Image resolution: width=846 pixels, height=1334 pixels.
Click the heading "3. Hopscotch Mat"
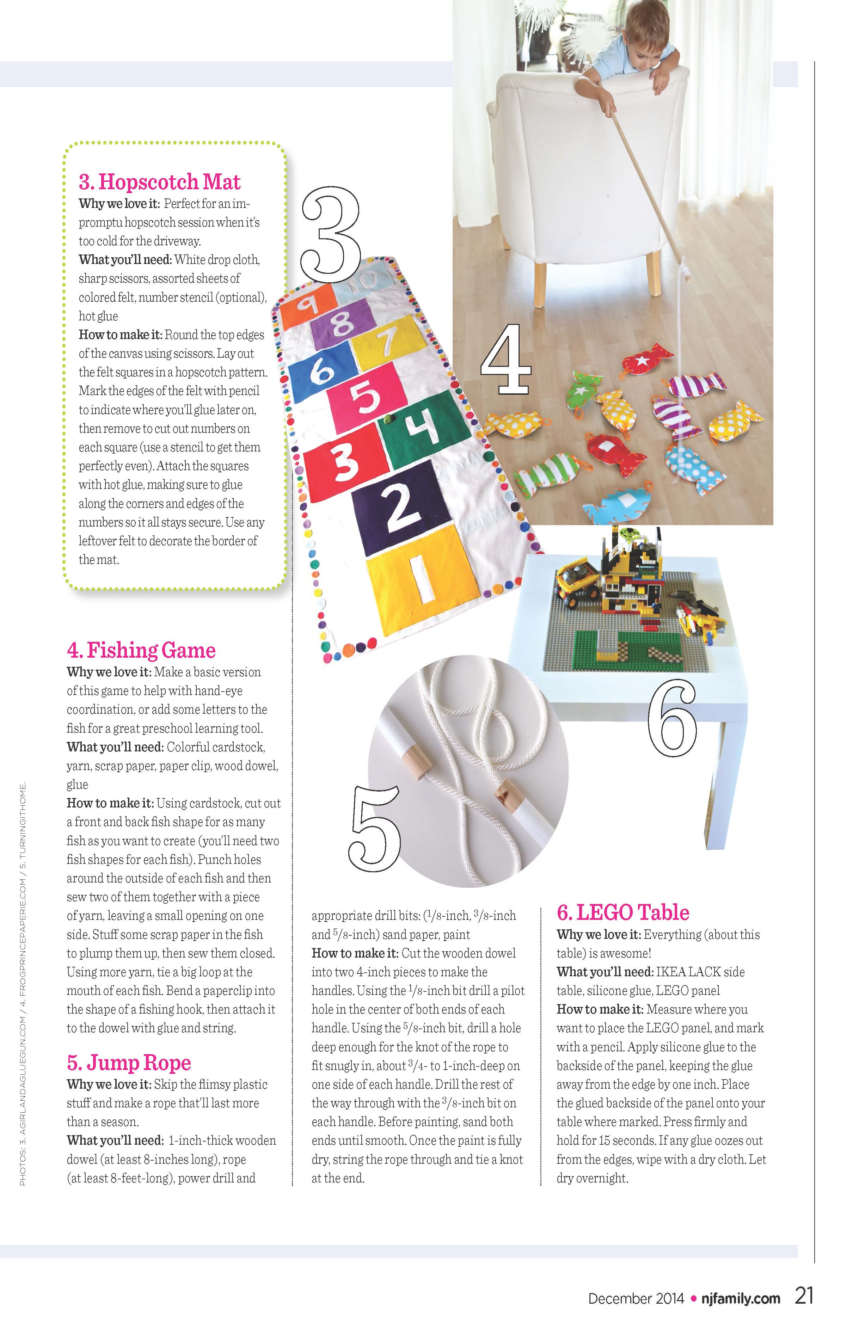click(160, 182)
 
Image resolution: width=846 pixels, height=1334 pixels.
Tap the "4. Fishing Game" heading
click(141, 650)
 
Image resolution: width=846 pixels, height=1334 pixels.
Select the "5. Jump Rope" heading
click(129, 1063)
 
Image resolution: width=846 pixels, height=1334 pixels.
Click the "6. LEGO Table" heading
click(623, 912)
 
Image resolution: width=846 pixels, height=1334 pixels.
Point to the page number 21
click(804, 1296)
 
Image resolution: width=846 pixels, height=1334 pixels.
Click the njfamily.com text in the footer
click(741, 1298)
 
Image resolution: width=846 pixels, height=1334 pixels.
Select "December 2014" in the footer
click(636, 1298)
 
